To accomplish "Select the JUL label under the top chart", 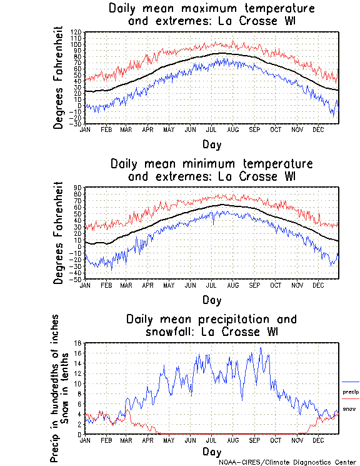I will coord(211,129).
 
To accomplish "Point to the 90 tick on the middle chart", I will coord(78,187).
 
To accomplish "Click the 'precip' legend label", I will coord(351,392).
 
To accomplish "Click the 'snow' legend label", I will coord(349,408).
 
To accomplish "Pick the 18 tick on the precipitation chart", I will coord(78,343).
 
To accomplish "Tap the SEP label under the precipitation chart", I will coord(254,440).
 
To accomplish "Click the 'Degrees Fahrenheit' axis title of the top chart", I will coord(59,78).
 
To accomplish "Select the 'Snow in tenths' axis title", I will coord(71,388).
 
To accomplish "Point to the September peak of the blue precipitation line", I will coord(261,348).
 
